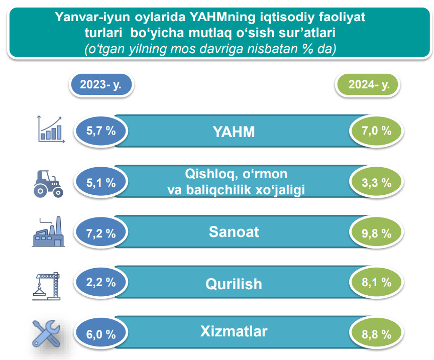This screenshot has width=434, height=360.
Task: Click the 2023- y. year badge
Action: [101, 85]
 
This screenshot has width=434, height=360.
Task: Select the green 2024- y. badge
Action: [368, 85]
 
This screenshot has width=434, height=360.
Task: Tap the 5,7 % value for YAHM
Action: [101, 131]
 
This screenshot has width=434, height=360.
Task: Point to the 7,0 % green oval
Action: [376, 131]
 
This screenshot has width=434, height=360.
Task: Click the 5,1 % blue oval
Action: [101, 182]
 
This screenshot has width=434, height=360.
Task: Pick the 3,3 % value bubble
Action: [376, 182]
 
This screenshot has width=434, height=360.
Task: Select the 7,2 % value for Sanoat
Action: [101, 233]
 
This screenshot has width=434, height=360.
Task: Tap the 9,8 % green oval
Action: [376, 233]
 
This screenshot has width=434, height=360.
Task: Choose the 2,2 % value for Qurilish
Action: [101, 282]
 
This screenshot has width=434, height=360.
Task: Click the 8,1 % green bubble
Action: [376, 282]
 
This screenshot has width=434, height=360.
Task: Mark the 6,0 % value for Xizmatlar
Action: [101, 334]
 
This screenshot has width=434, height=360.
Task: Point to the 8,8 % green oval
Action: [376, 334]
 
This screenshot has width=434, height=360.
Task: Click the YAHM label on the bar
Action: [234, 132]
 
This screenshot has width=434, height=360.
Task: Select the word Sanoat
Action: [234, 232]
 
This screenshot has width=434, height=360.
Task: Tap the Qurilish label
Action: [234, 284]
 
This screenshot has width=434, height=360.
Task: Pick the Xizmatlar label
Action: [234, 331]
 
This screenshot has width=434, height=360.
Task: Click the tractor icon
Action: [48, 184]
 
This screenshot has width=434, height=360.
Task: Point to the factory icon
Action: [48, 231]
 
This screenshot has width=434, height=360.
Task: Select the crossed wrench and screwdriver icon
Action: [46, 333]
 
